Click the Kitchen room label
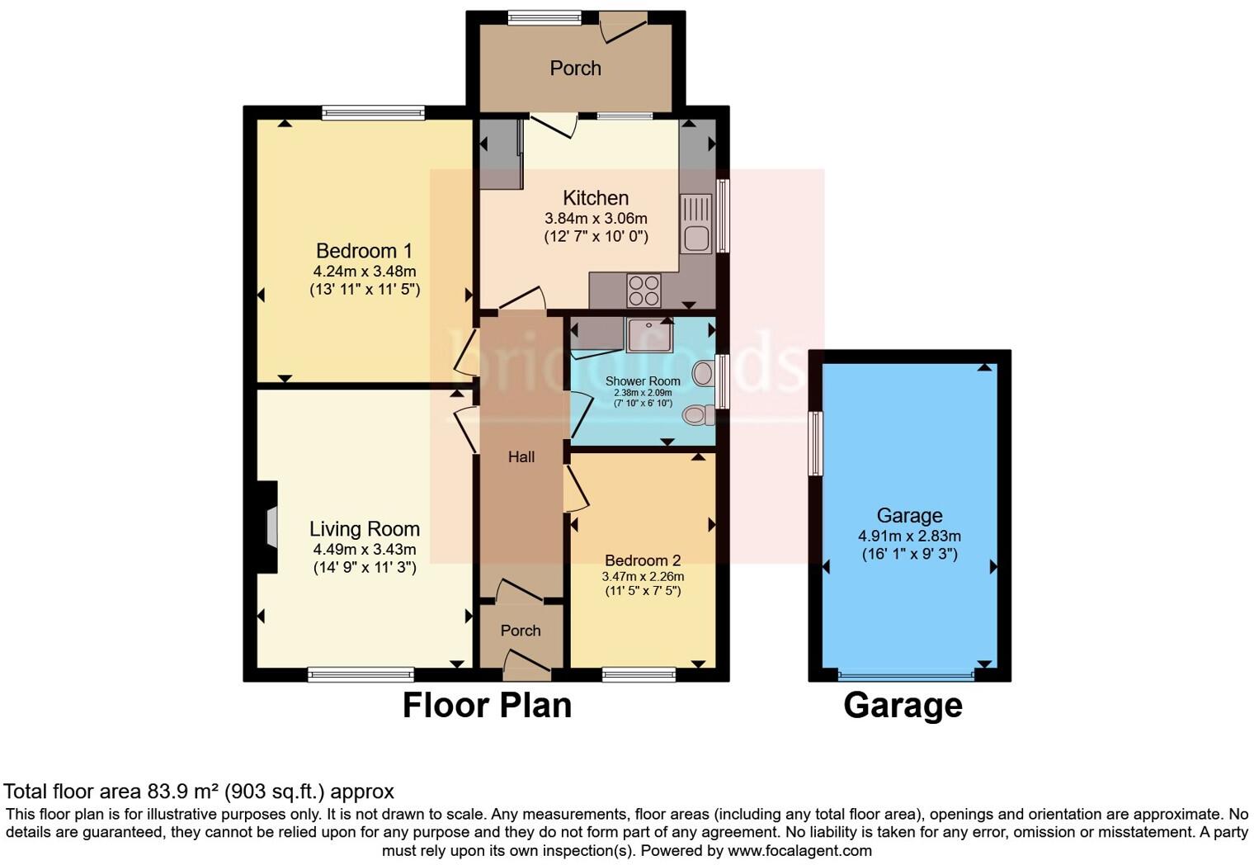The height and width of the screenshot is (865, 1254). pyautogui.click(x=596, y=198)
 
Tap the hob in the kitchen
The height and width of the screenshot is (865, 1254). pyautogui.click(x=643, y=290)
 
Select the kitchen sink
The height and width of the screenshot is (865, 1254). pyautogui.click(x=695, y=224)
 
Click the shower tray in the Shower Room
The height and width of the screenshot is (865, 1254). pyautogui.click(x=649, y=335)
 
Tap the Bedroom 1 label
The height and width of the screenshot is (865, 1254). pyautogui.click(x=364, y=251)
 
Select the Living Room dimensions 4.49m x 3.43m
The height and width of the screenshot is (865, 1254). pyautogui.click(x=364, y=550)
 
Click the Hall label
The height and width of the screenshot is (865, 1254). pyautogui.click(x=521, y=457)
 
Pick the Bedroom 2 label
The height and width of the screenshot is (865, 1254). pyautogui.click(x=643, y=560)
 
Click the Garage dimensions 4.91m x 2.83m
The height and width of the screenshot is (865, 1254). pyautogui.click(x=909, y=536)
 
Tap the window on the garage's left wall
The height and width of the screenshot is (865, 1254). pyautogui.click(x=816, y=442)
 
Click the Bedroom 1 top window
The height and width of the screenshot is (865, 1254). pyautogui.click(x=373, y=113)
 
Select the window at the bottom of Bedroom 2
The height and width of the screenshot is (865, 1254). pyautogui.click(x=639, y=675)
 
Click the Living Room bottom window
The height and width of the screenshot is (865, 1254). pyautogui.click(x=361, y=675)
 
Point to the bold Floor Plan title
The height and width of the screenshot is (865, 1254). pyautogui.click(x=487, y=706)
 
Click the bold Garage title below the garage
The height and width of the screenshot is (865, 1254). pyautogui.click(x=903, y=706)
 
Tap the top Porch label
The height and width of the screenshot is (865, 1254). pyautogui.click(x=575, y=69)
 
